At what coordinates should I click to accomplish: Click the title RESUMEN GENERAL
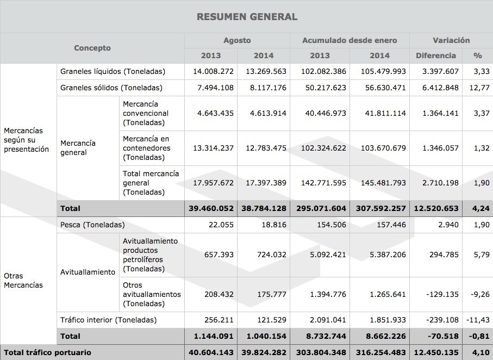pyautogui.click(x=246, y=17)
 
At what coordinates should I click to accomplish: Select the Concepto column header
pyautogui.click(x=92, y=48)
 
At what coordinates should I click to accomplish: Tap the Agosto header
pyautogui.click(x=237, y=40)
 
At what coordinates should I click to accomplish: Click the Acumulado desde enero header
pyautogui.click(x=350, y=40)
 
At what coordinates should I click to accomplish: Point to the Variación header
pyautogui.click(x=451, y=40)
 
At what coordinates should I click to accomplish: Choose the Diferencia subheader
pyautogui.click(x=435, y=55)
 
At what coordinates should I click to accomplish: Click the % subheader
pyautogui.click(x=478, y=55)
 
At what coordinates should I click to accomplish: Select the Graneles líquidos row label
pyautogui.click(x=113, y=71)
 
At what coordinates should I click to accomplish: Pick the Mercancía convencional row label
pyautogui.click(x=146, y=113)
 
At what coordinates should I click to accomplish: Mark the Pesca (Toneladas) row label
pyautogui.click(x=92, y=225)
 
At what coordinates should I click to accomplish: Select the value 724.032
pyautogui.click(x=266, y=255)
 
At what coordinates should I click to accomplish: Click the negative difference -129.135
pyautogui.click(x=441, y=294)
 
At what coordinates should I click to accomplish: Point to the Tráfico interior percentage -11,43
pyautogui.click(x=478, y=320)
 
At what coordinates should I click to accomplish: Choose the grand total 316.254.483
pyautogui.click(x=379, y=352)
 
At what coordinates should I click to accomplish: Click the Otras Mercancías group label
pyautogui.click(x=23, y=280)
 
